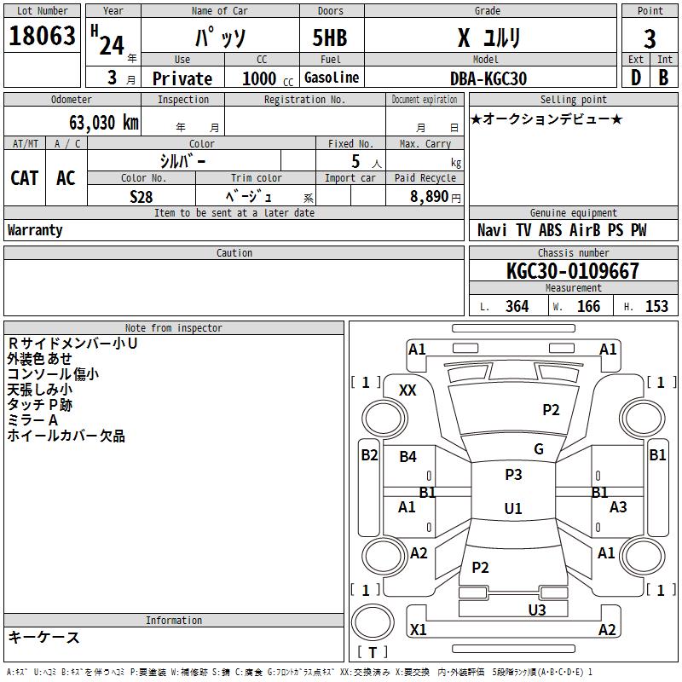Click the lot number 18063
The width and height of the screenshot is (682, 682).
[x=42, y=35]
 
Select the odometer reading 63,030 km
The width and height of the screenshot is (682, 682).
[x=104, y=122]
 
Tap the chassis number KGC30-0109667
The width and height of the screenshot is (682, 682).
[x=572, y=270]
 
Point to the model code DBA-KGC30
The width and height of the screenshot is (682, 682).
[x=488, y=78]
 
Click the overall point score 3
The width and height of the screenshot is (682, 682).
[x=650, y=38]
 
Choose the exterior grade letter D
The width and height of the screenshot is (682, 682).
[x=636, y=78]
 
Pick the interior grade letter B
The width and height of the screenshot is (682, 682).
[x=663, y=78]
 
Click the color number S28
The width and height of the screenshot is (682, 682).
[x=142, y=197]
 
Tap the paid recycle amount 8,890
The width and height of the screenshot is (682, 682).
[x=429, y=196]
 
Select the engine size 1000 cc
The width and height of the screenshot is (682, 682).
[x=268, y=78]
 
